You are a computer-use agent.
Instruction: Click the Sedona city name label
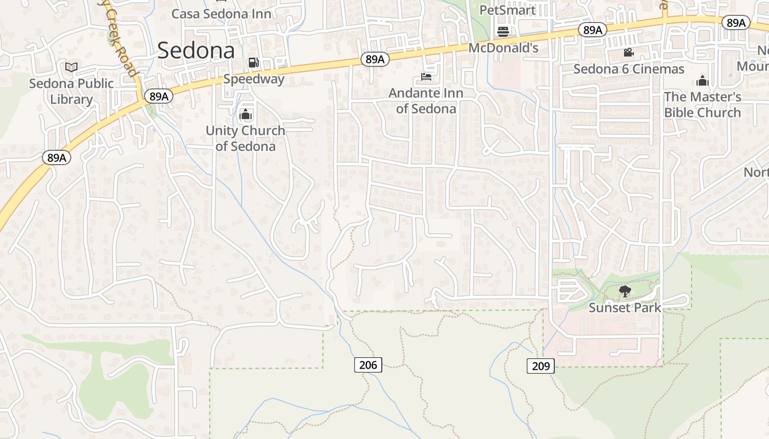click(x=196, y=50)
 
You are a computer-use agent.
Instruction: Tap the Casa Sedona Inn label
click(x=221, y=14)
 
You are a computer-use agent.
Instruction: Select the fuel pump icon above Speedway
click(x=253, y=63)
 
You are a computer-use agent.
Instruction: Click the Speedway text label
click(x=254, y=78)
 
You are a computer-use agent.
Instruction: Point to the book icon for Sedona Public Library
click(x=71, y=67)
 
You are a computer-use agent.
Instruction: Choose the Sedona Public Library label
click(x=71, y=92)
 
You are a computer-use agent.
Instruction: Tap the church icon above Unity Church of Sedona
click(x=246, y=115)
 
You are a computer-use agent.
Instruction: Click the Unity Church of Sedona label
click(x=246, y=138)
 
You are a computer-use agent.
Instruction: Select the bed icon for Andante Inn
click(x=426, y=77)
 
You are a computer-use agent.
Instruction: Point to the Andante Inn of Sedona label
click(x=426, y=101)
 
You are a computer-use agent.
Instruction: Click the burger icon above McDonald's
click(x=503, y=31)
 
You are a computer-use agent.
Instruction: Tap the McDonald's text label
click(x=503, y=48)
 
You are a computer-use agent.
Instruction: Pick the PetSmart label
click(x=507, y=10)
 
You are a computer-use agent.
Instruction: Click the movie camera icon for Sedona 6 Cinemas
click(x=628, y=53)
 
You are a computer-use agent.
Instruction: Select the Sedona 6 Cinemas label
click(x=629, y=69)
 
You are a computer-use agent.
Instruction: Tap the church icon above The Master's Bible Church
click(x=703, y=81)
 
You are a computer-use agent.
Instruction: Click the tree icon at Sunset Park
click(x=625, y=291)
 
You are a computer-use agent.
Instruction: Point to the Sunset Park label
click(x=625, y=308)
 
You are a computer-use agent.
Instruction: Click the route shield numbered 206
click(x=368, y=364)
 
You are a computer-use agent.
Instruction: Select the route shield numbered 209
click(x=541, y=365)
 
